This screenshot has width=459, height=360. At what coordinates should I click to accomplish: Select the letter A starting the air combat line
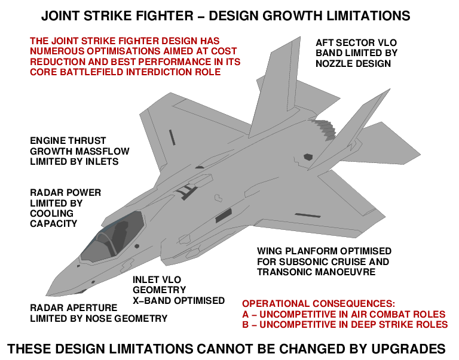[x=246, y=314]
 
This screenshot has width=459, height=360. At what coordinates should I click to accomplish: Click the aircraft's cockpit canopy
[x=114, y=239]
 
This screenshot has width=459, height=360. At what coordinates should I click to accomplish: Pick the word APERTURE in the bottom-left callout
[x=84, y=308]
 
